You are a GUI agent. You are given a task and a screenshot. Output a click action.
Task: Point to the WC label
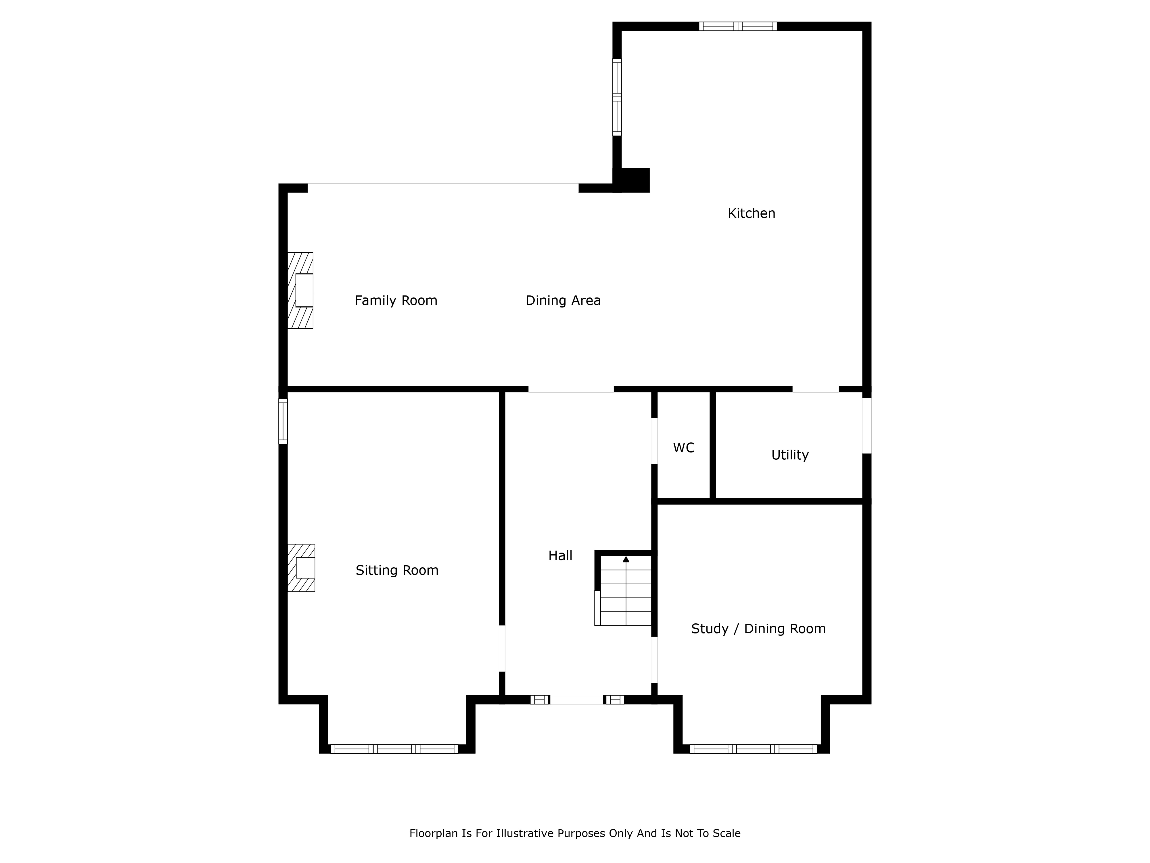[684, 448]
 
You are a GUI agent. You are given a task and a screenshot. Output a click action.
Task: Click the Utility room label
[790, 455]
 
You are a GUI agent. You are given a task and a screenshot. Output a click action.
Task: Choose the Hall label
[560, 555]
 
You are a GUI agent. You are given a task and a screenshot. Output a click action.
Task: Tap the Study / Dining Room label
[758, 629]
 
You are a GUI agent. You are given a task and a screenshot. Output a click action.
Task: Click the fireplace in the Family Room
[300, 290]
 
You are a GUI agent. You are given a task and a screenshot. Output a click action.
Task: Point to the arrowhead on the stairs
[626, 559]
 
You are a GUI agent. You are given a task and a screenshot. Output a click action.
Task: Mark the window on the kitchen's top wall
[738, 26]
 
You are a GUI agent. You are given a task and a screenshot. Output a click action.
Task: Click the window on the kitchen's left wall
[617, 97]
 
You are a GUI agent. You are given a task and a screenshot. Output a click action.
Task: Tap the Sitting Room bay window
[395, 749]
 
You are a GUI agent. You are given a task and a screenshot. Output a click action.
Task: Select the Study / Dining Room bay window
[753, 749]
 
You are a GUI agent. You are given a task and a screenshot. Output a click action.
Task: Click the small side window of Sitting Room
[283, 421]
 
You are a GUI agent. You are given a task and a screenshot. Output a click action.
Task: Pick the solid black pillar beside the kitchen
[632, 180]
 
